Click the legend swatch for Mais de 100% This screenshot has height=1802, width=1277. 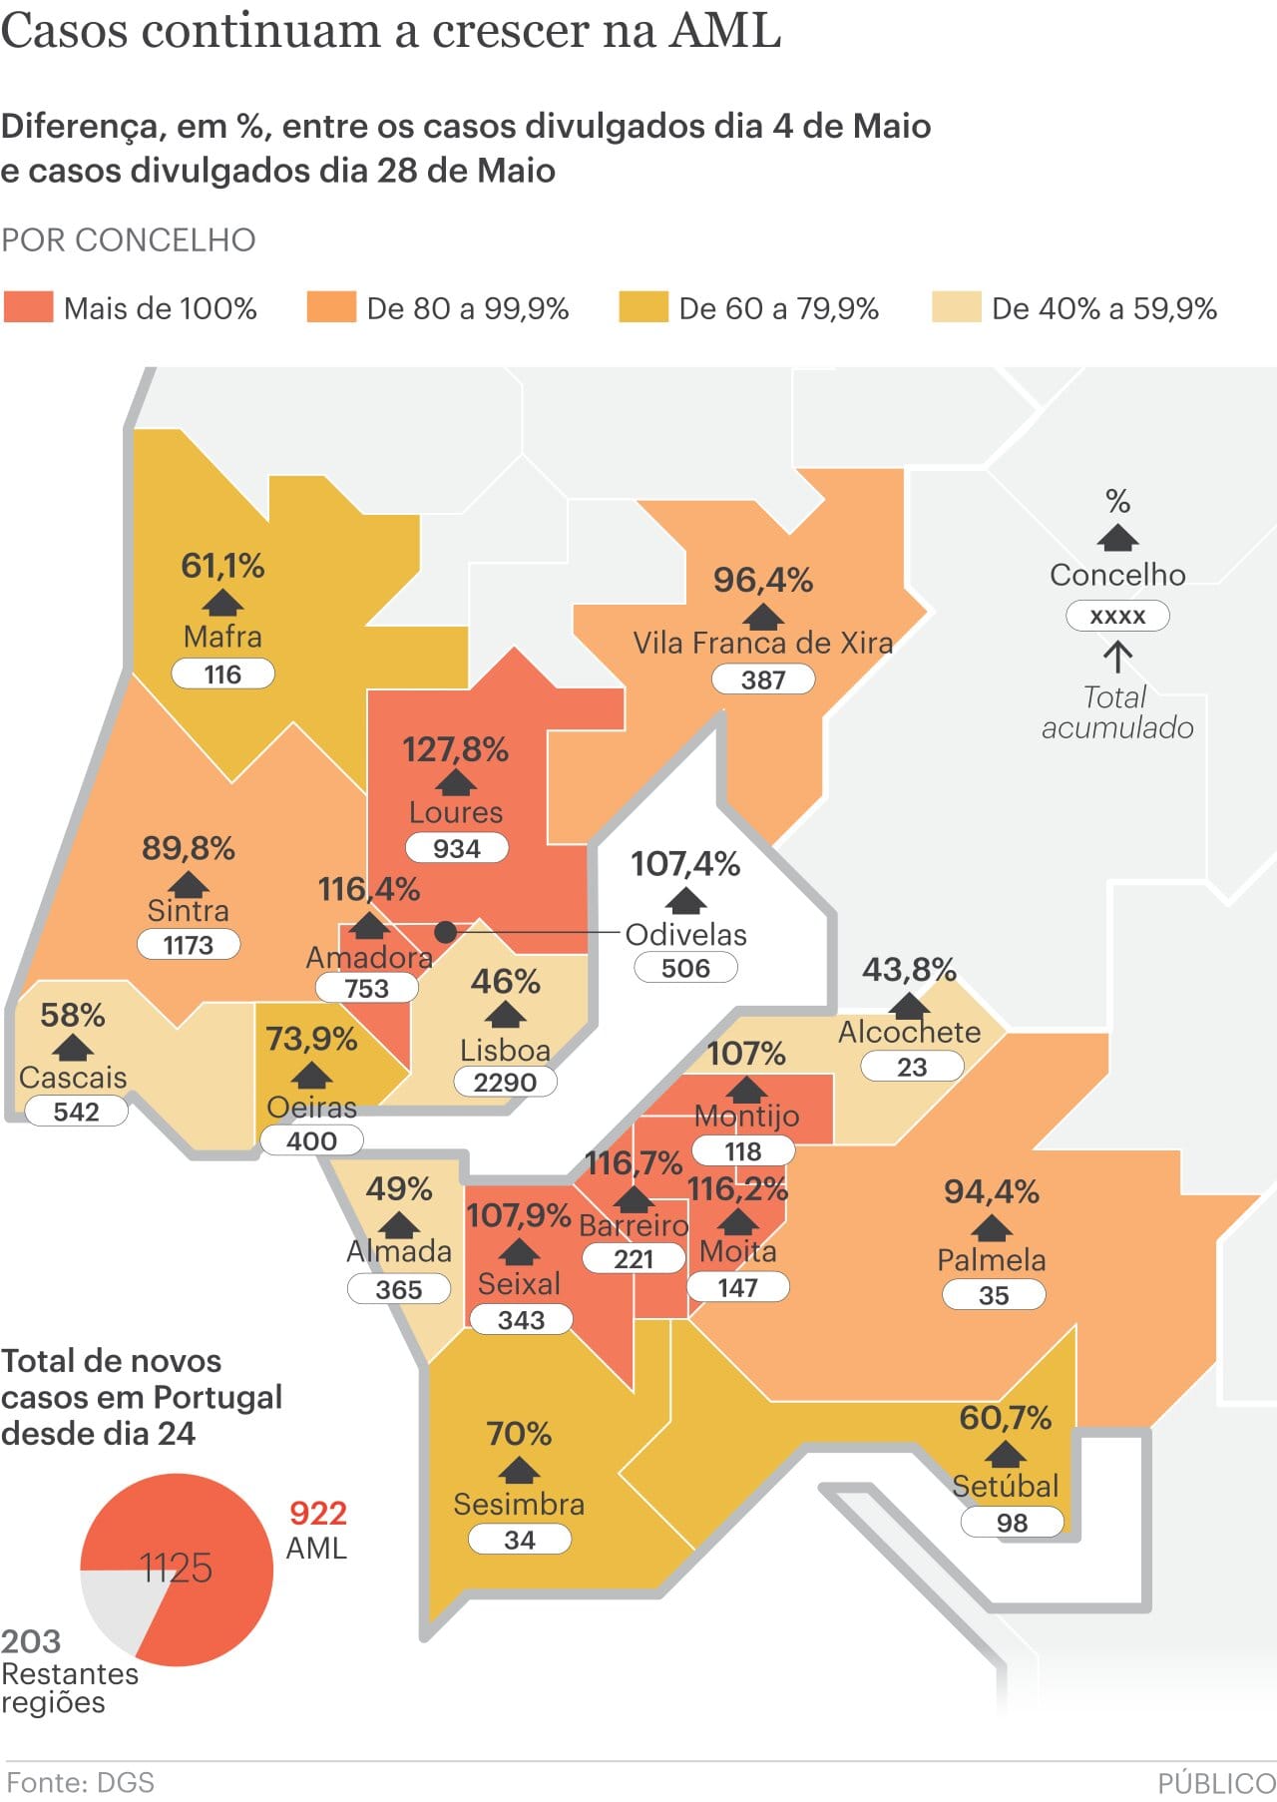[x=28, y=307]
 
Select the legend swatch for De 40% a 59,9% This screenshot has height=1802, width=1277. [x=956, y=307]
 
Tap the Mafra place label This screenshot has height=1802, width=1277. [x=222, y=637]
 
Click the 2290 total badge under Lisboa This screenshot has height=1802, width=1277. [x=505, y=1082]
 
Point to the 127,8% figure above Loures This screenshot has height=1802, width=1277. [x=455, y=749]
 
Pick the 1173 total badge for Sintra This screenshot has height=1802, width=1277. [x=188, y=944]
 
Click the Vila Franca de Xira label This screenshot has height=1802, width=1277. [x=763, y=643]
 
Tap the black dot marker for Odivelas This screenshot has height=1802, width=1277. [x=446, y=932]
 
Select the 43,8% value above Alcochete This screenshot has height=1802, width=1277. [x=909, y=969]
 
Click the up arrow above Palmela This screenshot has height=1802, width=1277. [x=992, y=1226]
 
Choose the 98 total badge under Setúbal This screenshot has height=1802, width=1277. [x=1012, y=1523]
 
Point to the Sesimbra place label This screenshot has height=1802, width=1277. [x=519, y=1504]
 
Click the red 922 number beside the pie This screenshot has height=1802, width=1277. [x=318, y=1513]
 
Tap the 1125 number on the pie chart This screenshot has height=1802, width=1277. [x=176, y=1568]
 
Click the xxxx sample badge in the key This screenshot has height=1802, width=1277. [x=1117, y=616]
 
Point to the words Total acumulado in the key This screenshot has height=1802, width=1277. [x=1117, y=711]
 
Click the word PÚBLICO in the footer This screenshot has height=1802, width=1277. [x=1217, y=1783]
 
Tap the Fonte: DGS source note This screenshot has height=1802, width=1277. [x=80, y=1782]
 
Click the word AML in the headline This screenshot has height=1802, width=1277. [x=724, y=30]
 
